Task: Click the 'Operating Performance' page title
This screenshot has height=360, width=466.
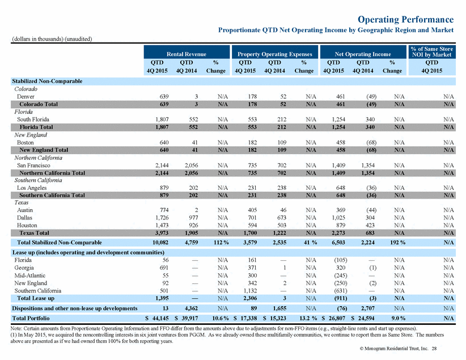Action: point(405,19)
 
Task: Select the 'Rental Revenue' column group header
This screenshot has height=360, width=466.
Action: point(187,54)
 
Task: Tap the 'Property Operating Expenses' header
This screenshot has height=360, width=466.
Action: point(274,54)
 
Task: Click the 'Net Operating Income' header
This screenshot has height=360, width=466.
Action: point(363,54)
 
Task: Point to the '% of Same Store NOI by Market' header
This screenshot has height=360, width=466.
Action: point(431,52)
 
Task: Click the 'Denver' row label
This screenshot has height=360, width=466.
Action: point(26,96)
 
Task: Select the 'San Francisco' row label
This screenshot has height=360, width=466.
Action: point(33,166)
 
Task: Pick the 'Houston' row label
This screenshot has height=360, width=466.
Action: point(27,225)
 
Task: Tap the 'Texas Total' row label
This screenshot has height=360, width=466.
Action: point(34,233)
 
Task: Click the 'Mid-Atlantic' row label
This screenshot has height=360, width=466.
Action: point(29,276)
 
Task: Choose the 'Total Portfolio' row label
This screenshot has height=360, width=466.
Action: point(31,318)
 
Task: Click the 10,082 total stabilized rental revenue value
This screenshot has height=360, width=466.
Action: point(160,242)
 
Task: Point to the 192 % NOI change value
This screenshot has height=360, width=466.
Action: point(397,242)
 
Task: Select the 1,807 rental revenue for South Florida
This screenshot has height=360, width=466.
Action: point(162,120)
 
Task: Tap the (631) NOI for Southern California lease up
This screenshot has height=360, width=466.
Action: point(341,291)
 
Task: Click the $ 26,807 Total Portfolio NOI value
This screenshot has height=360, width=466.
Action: point(333,318)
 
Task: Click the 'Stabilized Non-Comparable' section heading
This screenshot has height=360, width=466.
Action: point(47,81)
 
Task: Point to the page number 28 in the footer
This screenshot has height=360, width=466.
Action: point(434,349)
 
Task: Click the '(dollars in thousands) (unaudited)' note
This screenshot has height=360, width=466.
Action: point(52,39)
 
